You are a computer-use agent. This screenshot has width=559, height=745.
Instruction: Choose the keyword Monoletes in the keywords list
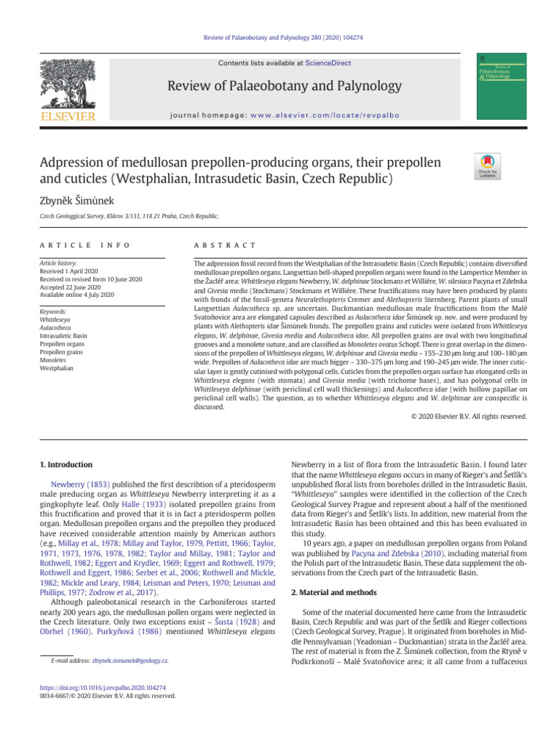pyautogui.click(x=58, y=359)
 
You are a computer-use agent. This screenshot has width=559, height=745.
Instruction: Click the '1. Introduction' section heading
pyautogui.click(x=66, y=464)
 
